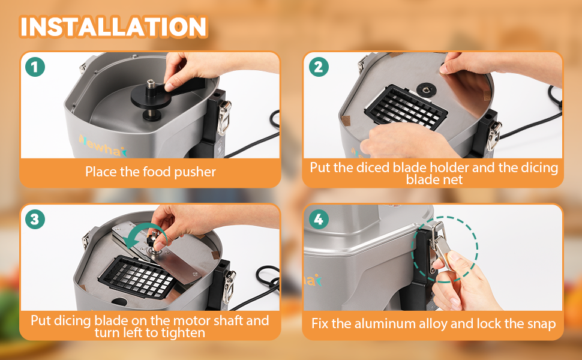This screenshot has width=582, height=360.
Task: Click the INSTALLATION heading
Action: click(113, 27)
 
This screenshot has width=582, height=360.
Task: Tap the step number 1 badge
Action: click(35, 67)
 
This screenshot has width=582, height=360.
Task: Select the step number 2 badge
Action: click(319, 67)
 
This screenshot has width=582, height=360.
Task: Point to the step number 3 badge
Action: click(35, 219)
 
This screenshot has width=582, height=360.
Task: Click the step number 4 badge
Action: click(319, 219)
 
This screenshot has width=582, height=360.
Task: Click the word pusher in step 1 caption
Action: click(195, 172)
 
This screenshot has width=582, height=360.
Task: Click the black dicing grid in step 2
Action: click(406, 108)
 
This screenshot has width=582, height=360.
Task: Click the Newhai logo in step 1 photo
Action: click(103, 146)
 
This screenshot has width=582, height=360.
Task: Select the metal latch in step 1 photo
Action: click(224, 117)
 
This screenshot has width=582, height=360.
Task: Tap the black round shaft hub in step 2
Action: click(426, 89)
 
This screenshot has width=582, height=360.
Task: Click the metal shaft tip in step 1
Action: click(151, 83)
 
